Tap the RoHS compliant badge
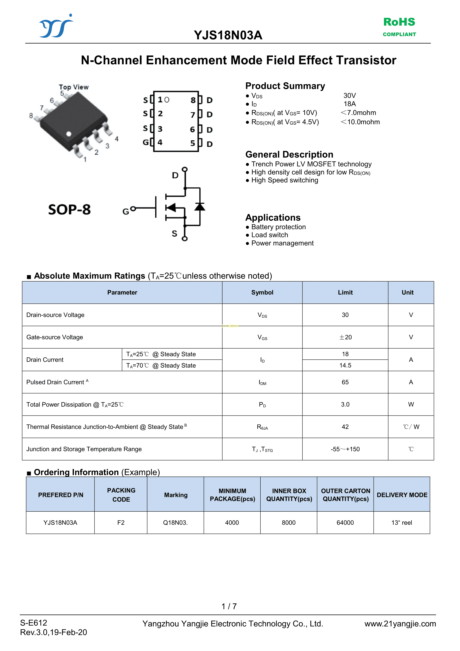399,26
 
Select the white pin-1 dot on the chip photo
69,134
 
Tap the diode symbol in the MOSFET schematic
200,207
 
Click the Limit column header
345,292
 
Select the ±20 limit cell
345,337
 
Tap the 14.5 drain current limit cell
345,365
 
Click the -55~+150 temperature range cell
345,449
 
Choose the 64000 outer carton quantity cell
345,523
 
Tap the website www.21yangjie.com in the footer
400,624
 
